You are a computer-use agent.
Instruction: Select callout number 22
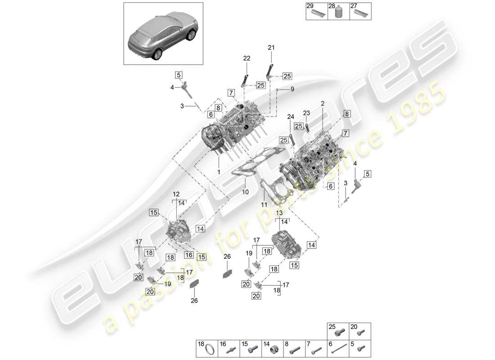coord(247,58)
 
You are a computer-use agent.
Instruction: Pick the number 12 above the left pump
coord(176,194)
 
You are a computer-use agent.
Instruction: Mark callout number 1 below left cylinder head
coord(219,172)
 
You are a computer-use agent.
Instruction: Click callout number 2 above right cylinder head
coord(323,103)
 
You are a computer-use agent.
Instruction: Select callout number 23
coord(306,113)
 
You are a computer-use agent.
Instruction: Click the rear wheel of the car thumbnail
coord(157,54)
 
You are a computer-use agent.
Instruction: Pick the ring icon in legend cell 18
coord(209,350)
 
